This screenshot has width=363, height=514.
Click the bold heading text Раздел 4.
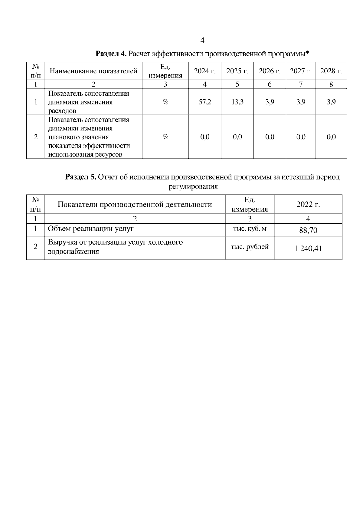click(110, 54)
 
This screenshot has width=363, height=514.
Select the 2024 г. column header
click(205, 71)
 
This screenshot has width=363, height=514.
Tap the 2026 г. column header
click(270, 71)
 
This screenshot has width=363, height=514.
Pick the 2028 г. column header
click(331, 71)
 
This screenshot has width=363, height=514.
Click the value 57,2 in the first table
click(205, 102)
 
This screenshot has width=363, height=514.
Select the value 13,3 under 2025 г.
click(237, 102)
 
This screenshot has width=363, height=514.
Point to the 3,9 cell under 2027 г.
click(301, 102)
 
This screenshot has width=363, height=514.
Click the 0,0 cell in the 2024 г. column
click(205, 137)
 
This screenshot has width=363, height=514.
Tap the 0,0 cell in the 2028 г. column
click(331, 137)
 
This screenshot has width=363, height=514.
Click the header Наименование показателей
click(93, 71)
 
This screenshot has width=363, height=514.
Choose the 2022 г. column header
click(308, 204)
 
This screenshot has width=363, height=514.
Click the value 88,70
click(308, 230)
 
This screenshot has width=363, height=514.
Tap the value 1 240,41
click(308, 249)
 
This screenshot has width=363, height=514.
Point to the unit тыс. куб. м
click(250, 229)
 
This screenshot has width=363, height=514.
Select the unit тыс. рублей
click(250, 247)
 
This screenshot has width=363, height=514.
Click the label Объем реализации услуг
click(91, 229)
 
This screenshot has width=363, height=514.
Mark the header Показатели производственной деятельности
click(135, 204)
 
